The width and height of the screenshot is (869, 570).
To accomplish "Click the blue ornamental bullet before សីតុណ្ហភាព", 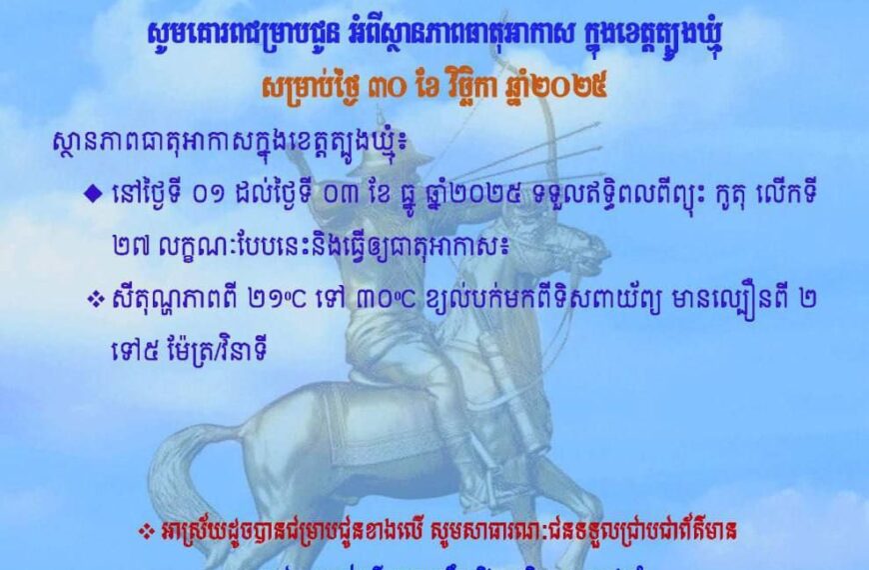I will tap(95, 299).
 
